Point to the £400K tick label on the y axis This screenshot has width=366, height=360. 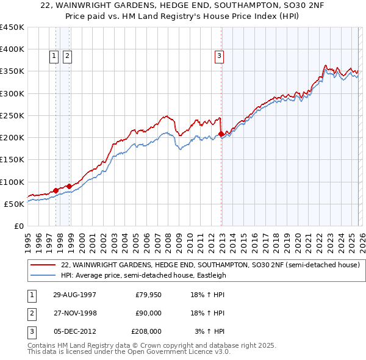click(x=12, y=49)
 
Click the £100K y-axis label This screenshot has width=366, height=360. click(x=12, y=182)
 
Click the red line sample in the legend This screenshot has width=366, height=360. click(x=43, y=265)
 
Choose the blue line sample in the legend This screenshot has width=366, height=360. click(x=43, y=275)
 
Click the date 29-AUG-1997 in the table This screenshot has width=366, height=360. click(x=74, y=295)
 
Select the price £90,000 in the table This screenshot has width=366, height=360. click(x=148, y=313)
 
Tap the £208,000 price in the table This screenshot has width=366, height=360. click(x=146, y=331)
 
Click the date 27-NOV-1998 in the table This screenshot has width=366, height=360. click(x=74, y=313)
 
